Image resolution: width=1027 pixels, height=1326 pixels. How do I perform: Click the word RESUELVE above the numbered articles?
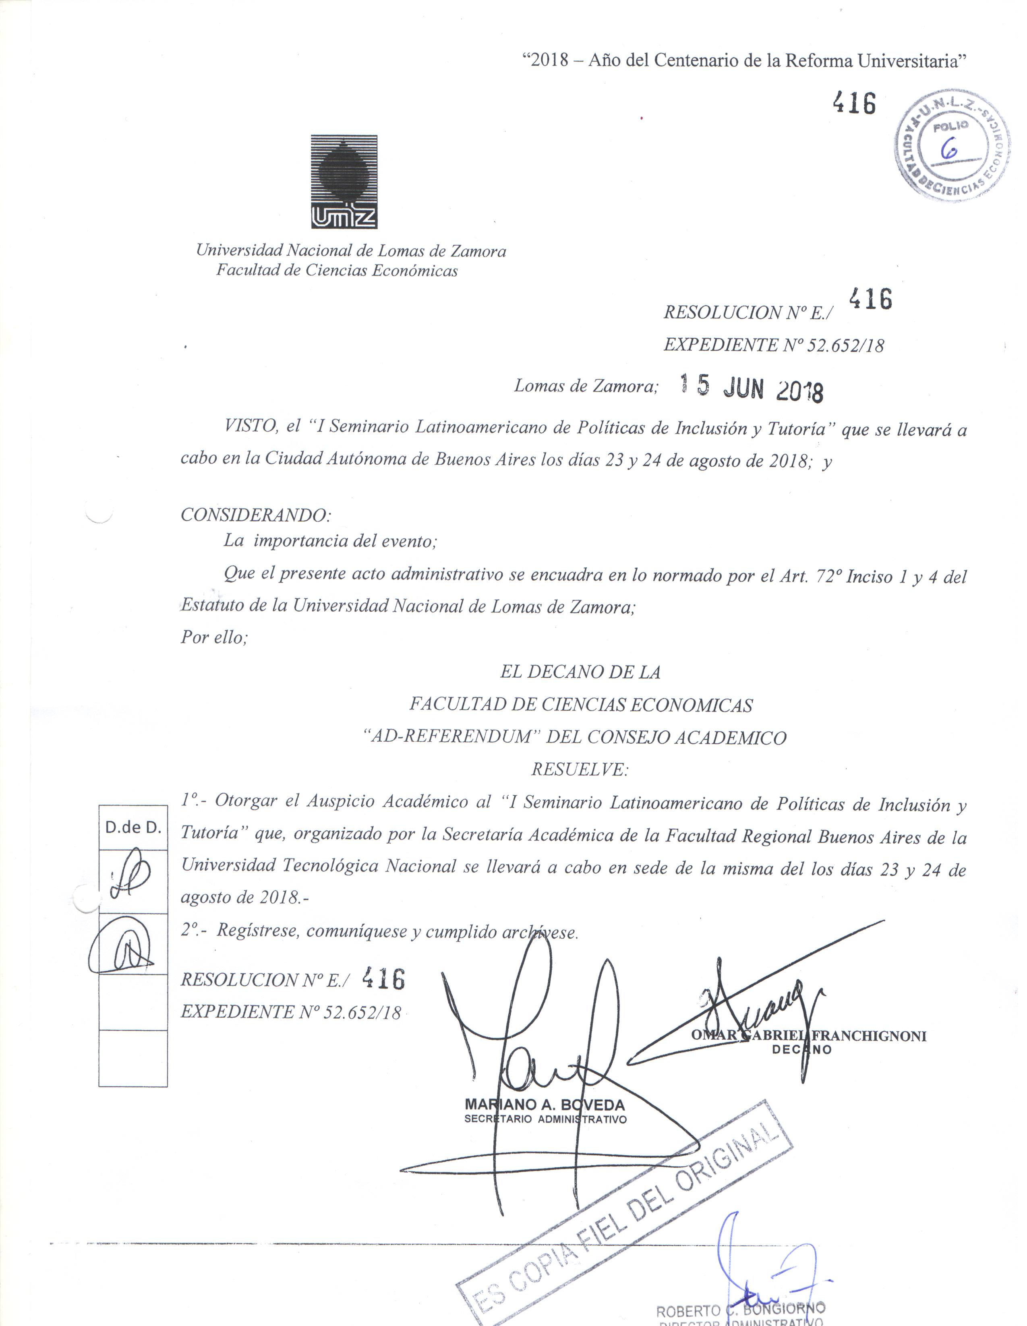click(x=580, y=770)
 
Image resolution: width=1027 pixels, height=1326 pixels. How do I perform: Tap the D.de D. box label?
click(x=133, y=827)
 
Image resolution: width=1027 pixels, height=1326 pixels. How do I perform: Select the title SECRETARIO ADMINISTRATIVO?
click(x=545, y=1119)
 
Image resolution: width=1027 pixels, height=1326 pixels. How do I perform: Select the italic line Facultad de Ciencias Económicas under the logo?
click(x=337, y=270)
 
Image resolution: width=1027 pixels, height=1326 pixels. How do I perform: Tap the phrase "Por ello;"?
click(x=214, y=637)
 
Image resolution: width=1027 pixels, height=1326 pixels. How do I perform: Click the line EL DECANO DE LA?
click(x=580, y=672)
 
